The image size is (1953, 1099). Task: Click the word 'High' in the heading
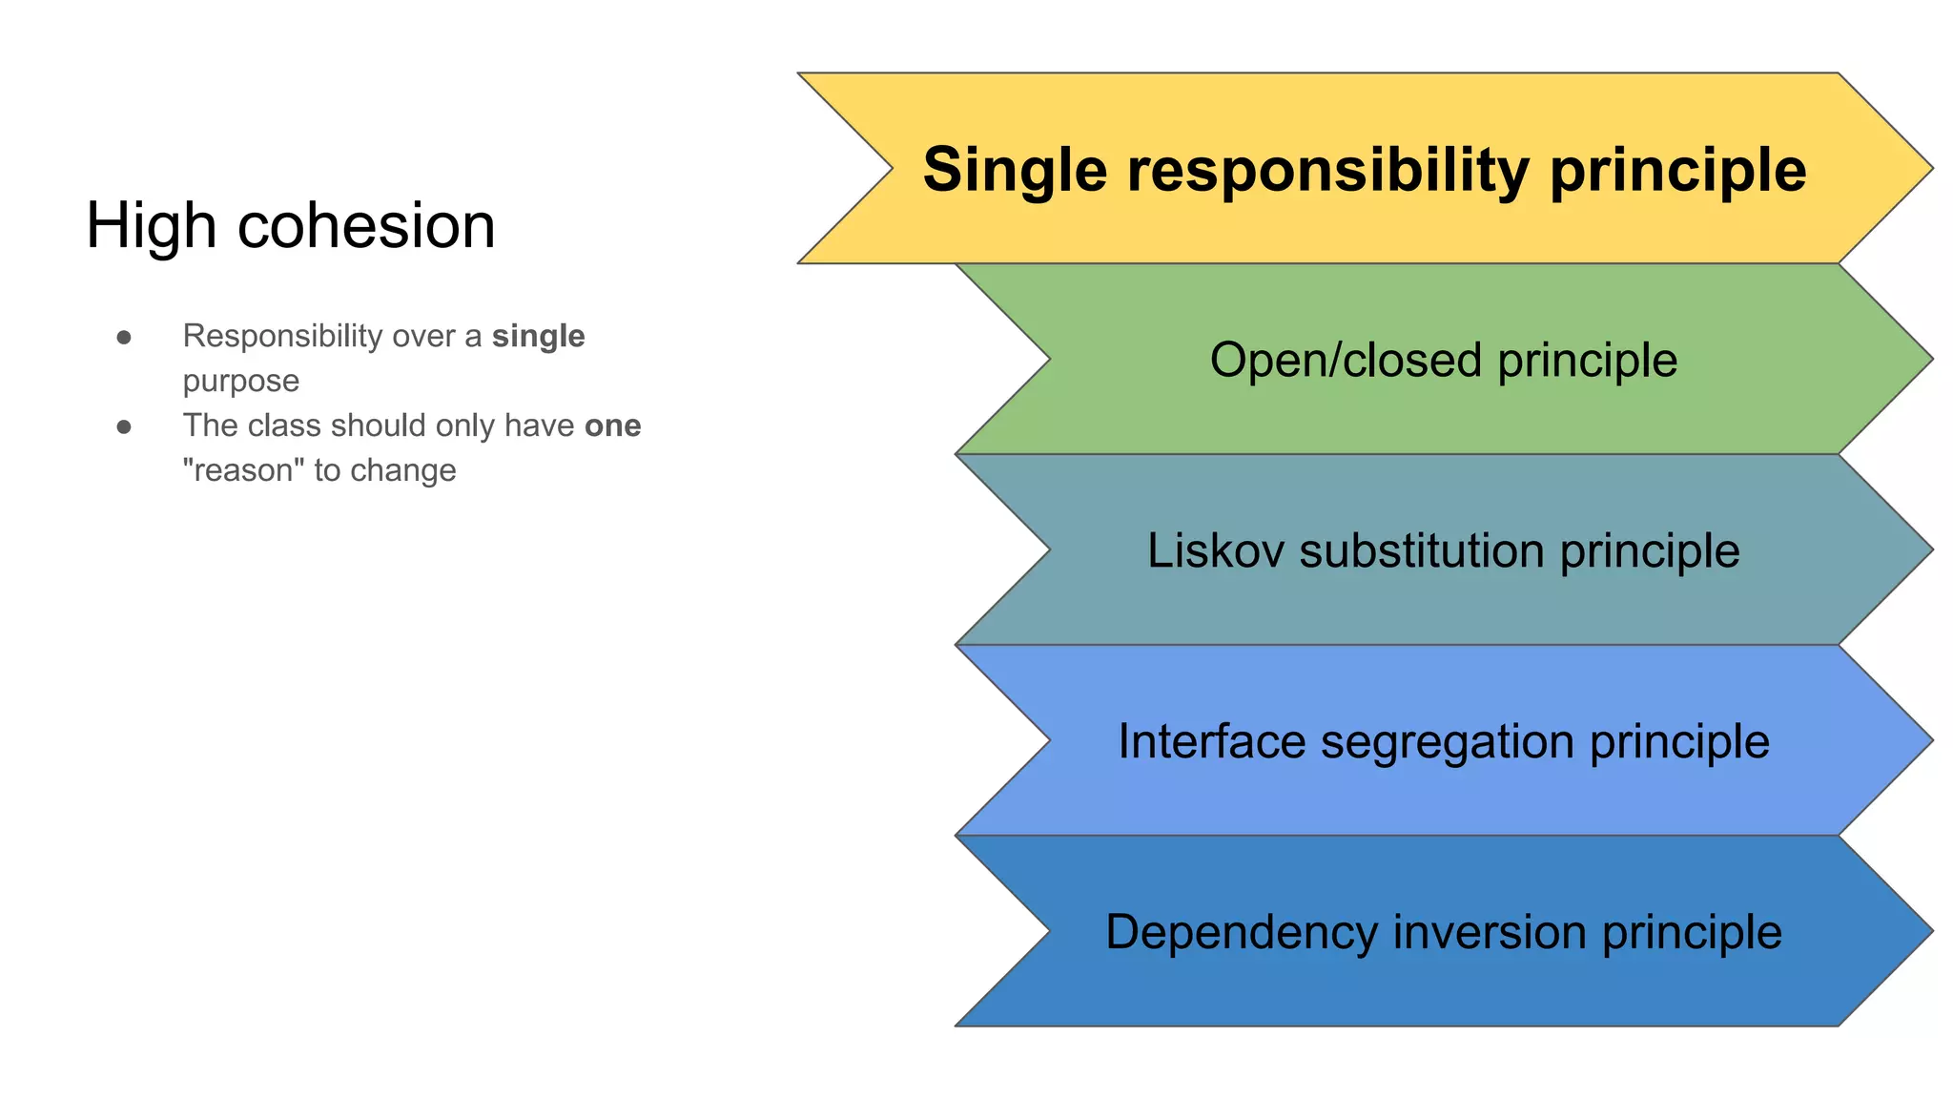(151, 227)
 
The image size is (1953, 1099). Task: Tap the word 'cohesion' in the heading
(366, 227)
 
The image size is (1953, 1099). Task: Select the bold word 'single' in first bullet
(538, 336)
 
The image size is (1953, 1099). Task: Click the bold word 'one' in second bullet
(612, 425)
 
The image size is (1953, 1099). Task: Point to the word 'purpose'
(241, 382)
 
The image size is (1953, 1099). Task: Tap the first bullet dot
(124, 337)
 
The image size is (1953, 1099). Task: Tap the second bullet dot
(124, 426)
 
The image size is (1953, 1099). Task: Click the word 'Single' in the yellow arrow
(1015, 170)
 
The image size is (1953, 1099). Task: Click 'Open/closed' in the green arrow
(1345, 361)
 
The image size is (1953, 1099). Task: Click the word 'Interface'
(1211, 741)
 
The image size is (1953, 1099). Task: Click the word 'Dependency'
(1241, 933)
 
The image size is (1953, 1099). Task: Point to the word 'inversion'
(1489, 931)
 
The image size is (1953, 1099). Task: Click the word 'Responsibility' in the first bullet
(282, 337)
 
